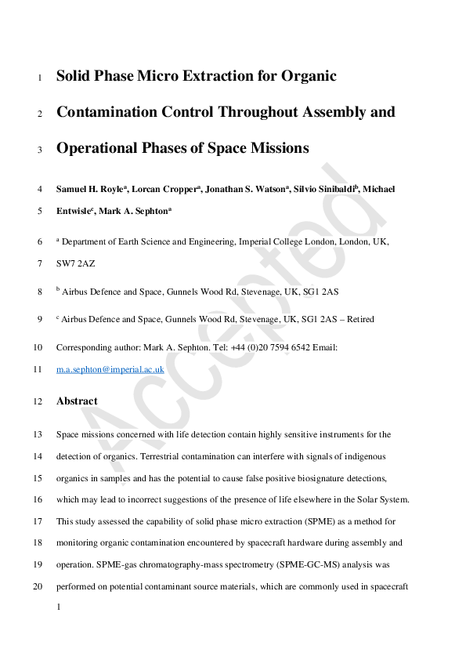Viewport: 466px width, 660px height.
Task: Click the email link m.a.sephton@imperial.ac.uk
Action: [x=110, y=368]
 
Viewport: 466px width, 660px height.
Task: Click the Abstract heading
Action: [x=77, y=401]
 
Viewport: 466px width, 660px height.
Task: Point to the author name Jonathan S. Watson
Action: [x=247, y=189]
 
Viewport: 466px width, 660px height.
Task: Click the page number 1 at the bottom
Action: [x=59, y=607]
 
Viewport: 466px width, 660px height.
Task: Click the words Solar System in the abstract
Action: [x=381, y=499]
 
